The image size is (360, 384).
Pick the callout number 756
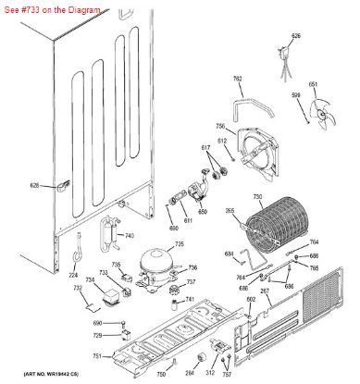[x=220, y=126]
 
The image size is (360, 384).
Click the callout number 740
[x=129, y=235]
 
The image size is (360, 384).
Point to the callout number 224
[x=72, y=275]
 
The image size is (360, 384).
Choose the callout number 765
[x=314, y=267]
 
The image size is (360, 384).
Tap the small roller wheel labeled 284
[x=190, y=362]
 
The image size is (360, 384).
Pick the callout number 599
[x=295, y=95]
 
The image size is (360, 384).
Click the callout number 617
[x=205, y=147]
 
